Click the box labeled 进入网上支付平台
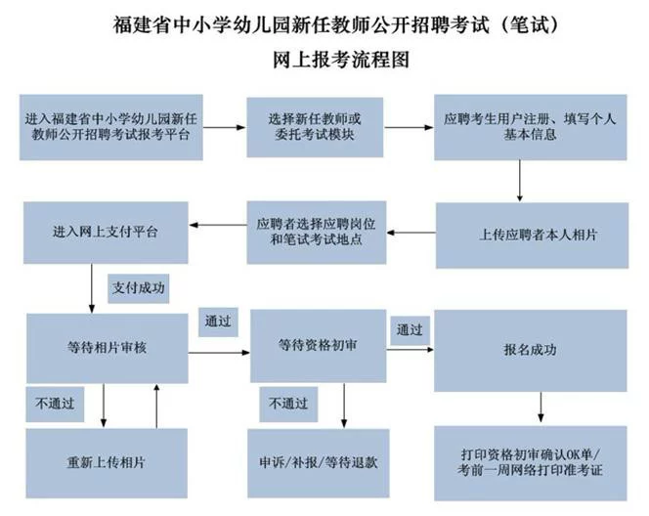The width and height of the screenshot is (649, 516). (106, 233)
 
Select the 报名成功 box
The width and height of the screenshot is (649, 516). (530, 351)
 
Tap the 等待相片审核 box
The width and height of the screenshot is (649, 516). (108, 348)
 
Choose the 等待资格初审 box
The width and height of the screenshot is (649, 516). (318, 346)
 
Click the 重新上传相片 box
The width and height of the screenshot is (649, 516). (107, 463)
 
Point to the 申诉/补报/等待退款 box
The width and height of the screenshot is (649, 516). (319, 463)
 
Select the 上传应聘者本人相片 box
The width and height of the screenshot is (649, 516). (532, 236)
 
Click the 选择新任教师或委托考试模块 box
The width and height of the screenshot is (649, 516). (315, 127)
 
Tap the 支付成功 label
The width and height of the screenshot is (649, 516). (138, 288)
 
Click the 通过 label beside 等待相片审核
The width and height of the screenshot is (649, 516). (218, 322)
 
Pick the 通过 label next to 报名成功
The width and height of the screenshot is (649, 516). (410, 330)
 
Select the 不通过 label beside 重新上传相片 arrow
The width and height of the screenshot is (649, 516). (55, 405)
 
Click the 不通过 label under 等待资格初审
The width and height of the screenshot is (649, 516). (288, 405)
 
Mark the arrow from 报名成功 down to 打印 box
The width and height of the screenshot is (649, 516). (541, 407)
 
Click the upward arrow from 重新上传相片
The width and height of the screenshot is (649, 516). (156, 406)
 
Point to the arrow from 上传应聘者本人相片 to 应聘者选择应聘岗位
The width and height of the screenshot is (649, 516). (411, 233)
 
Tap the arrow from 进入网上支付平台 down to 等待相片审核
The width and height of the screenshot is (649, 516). (92, 288)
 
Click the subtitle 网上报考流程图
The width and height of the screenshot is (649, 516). (341, 60)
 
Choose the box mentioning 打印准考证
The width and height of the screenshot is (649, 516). (530, 463)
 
